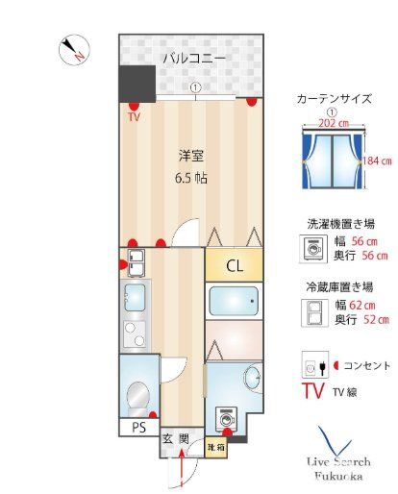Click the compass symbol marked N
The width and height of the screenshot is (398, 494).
[x=73, y=51]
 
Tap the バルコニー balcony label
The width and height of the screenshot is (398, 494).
[x=193, y=59]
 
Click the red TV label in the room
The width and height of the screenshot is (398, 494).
[x=133, y=118]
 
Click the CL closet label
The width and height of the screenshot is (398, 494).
[x=234, y=265]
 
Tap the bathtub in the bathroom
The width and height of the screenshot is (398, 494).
[x=233, y=303]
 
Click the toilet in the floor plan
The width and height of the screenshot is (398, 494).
[x=137, y=393]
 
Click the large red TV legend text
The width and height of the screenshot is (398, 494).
[x=313, y=391]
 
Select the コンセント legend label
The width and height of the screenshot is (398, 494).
[x=364, y=365]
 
